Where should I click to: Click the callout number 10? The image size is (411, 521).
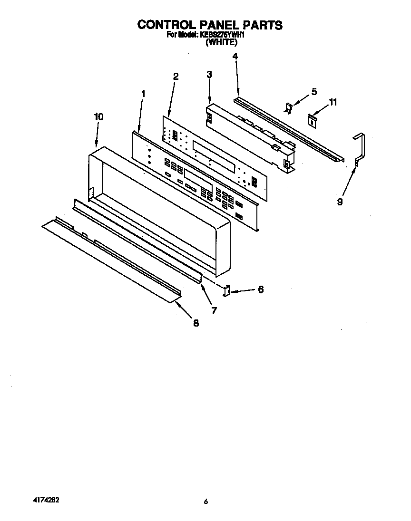pyautogui.click(x=98, y=116)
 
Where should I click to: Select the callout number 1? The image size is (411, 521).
pyautogui.click(x=143, y=94)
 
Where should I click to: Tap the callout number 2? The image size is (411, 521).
pyautogui.click(x=176, y=77)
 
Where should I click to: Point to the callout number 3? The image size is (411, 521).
pyautogui.click(x=209, y=74)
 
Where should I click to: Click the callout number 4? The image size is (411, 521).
pyautogui.click(x=235, y=56)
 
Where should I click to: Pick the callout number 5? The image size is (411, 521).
pyautogui.click(x=314, y=91)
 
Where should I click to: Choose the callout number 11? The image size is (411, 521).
pyautogui.click(x=333, y=102)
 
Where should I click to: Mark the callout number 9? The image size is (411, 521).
pyautogui.click(x=340, y=201)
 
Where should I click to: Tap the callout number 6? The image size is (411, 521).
pyautogui.click(x=261, y=289)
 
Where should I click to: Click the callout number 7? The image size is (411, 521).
pyautogui.click(x=214, y=311)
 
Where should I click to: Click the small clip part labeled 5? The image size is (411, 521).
pyautogui.click(x=288, y=108)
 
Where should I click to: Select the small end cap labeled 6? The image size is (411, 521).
pyautogui.click(x=228, y=290)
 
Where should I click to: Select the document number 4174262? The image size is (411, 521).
pyautogui.click(x=46, y=501)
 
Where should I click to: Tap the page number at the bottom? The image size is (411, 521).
pyautogui.click(x=205, y=502)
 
